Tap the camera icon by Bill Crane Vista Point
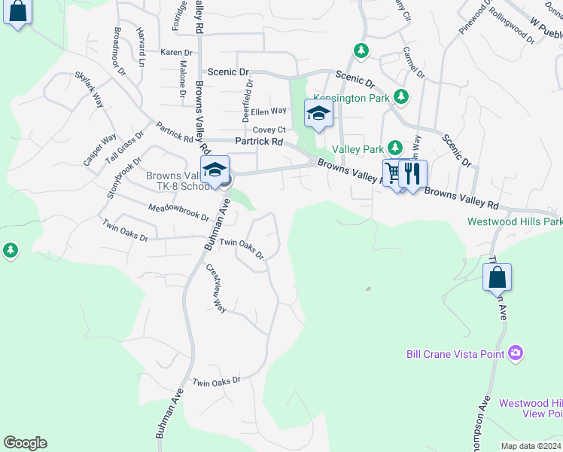516,353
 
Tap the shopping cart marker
393,174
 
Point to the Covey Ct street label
269,130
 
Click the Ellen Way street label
269,111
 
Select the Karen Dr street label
177,53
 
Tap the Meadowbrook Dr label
178,212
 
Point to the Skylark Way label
89,90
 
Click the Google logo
25,443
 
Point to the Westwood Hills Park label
515,221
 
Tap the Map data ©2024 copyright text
530,446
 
